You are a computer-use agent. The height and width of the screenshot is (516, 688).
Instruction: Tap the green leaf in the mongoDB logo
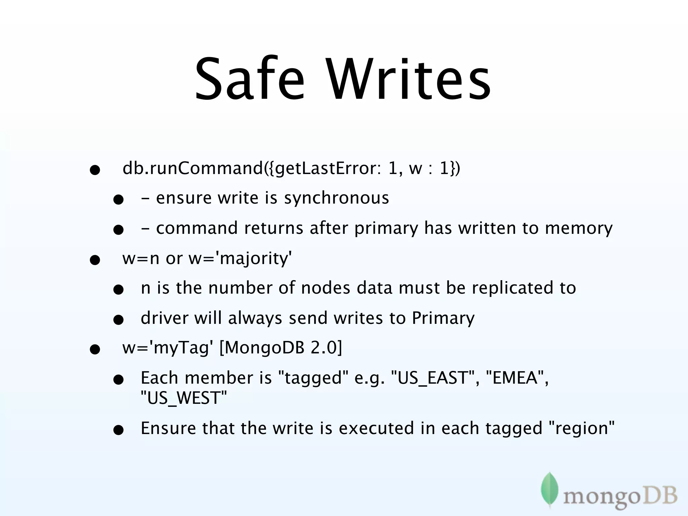pyautogui.click(x=550, y=489)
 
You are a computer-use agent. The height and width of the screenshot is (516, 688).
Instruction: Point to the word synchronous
pyautogui.click(x=336, y=198)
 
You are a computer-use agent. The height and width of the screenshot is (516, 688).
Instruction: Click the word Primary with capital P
pyautogui.click(x=443, y=318)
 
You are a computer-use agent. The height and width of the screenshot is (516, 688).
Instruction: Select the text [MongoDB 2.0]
pyautogui.click(x=281, y=348)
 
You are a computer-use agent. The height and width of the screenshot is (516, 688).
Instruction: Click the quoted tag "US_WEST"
pyautogui.click(x=184, y=398)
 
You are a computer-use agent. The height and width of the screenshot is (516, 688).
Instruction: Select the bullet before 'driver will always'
pyautogui.click(x=118, y=320)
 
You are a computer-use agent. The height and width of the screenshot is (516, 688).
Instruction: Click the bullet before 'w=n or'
pyautogui.click(x=95, y=260)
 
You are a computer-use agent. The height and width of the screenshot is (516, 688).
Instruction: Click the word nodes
pyautogui.click(x=326, y=288)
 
